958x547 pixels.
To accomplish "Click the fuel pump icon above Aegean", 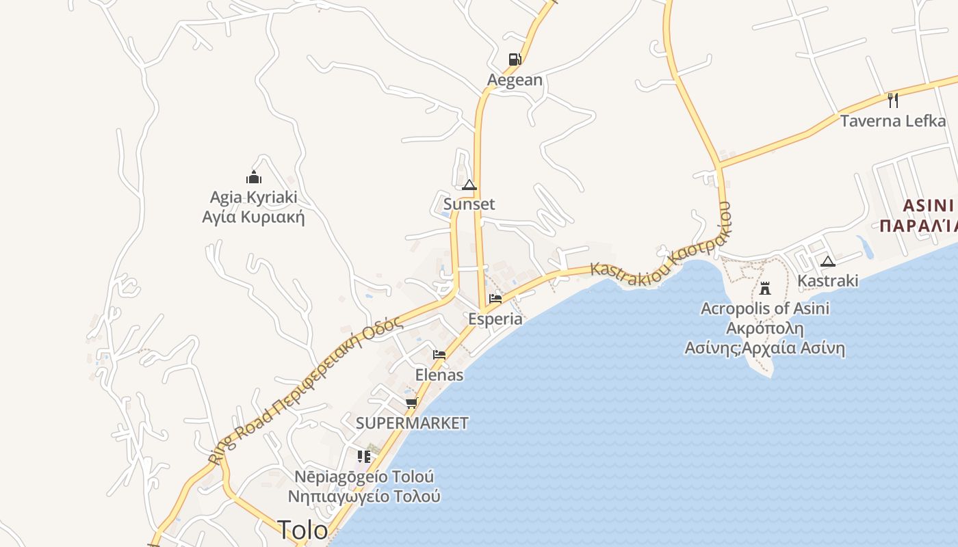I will pos(515,59).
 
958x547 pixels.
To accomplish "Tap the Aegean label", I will pos(515,80).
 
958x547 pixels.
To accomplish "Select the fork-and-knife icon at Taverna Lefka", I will pos(892,101).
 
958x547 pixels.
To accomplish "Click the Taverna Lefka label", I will pos(893,121).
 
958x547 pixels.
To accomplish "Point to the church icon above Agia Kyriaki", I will pos(254,177).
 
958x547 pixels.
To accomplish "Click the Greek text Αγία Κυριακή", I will pos(253,217).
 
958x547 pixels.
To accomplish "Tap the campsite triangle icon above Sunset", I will pos(469,185).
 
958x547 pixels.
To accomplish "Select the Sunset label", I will pos(469,204).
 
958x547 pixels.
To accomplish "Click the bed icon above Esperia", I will pos(495,298).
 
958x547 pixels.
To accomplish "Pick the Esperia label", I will pos(495,319).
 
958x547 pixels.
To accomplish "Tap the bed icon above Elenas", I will pos(439,355).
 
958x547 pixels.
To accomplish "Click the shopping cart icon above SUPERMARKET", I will pos(411,403).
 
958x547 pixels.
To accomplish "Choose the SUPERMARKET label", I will pos(412,423).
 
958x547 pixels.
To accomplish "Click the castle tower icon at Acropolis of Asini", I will pos(765,288).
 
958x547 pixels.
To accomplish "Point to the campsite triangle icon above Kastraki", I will pos(828,261).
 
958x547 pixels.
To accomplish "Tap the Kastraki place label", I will pos(828,281).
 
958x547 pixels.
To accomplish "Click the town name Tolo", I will pos(302,529).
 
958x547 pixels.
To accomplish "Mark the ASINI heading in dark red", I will pos(928,206).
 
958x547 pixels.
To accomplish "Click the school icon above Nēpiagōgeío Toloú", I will pos(364,456).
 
